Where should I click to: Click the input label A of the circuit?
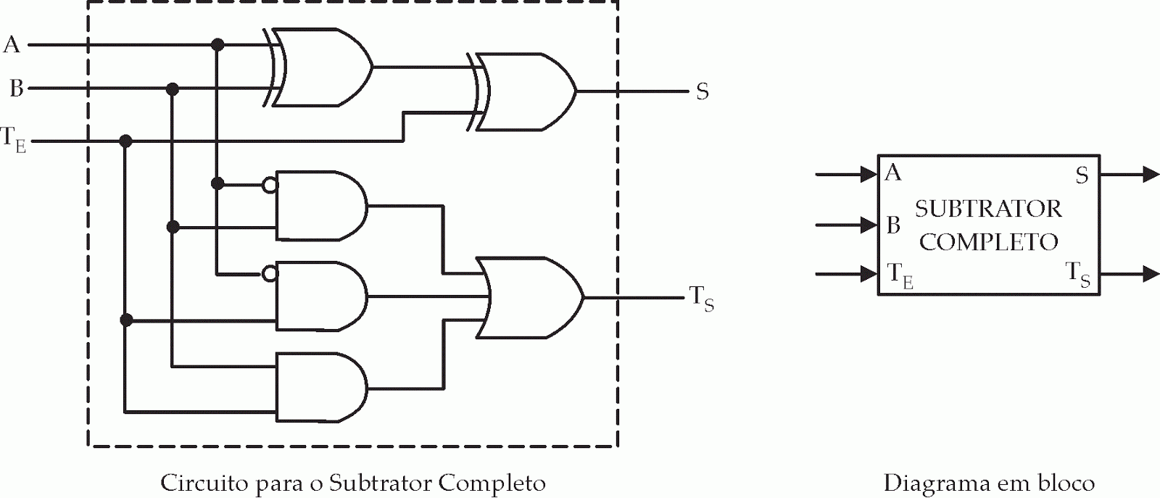coord(12,45)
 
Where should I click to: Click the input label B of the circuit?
coord(16,88)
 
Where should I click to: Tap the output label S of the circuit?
coord(702,92)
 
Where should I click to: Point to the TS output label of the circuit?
coord(700,297)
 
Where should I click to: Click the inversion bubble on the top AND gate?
coord(270,186)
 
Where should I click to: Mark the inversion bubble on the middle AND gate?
coord(270,274)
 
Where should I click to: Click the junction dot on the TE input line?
coord(125,141)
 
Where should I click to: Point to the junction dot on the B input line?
coord(172,89)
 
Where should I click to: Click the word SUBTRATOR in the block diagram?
coord(988,209)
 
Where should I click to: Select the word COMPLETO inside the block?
coord(989,242)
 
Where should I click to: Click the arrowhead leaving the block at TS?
coord(1151,274)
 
